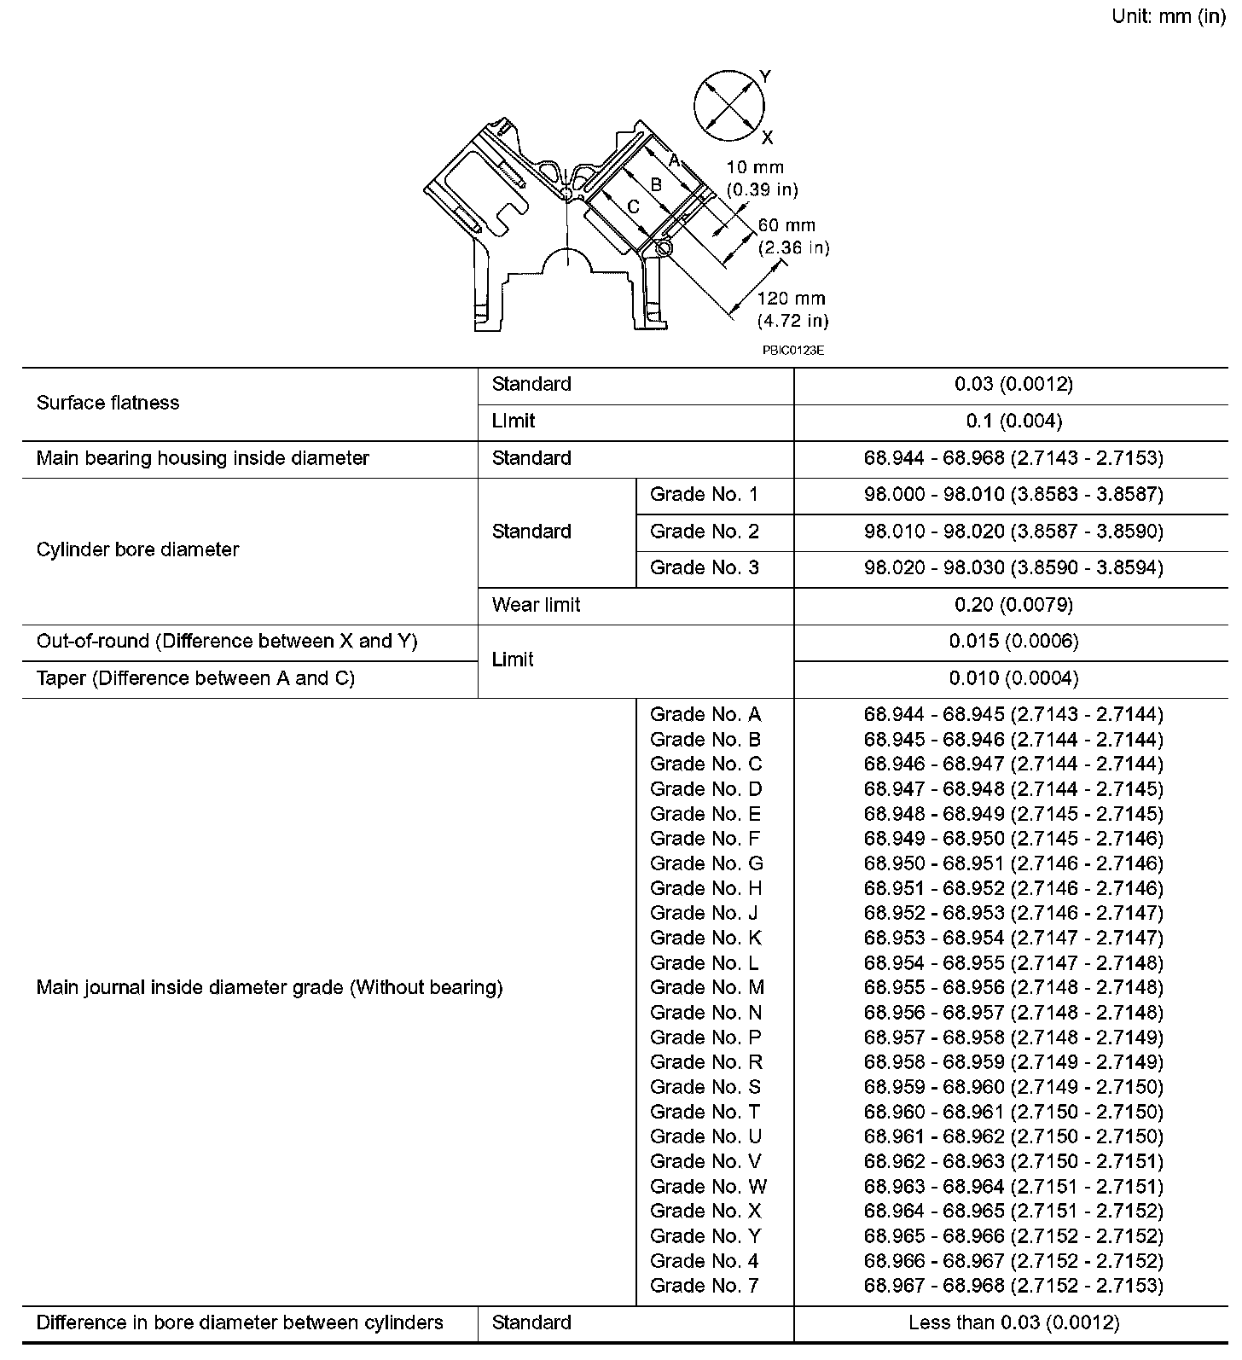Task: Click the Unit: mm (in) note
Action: coord(1168,17)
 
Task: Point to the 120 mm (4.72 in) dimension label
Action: coord(792,310)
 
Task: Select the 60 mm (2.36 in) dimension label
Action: coord(792,236)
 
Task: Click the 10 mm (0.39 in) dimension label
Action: coord(762,178)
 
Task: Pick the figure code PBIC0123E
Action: coord(793,350)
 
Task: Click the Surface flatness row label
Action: coord(108,404)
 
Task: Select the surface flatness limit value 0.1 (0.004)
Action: coord(1013,421)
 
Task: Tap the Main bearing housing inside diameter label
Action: coord(203,459)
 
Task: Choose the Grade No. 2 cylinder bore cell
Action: coord(704,532)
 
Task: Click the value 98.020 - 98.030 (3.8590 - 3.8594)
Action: coord(1013,568)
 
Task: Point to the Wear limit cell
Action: coord(536,606)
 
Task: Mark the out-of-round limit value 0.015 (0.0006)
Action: coord(1013,642)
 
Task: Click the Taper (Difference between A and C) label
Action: coord(195,679)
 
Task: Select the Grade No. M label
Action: coord(707,988)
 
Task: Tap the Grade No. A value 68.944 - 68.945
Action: coord(1013,715)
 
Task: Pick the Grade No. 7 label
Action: coord(704,1286)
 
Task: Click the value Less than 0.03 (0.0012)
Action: coord(1013,1323)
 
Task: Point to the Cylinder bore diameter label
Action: coord(137,550)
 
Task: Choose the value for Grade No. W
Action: coord(1013,1187)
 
